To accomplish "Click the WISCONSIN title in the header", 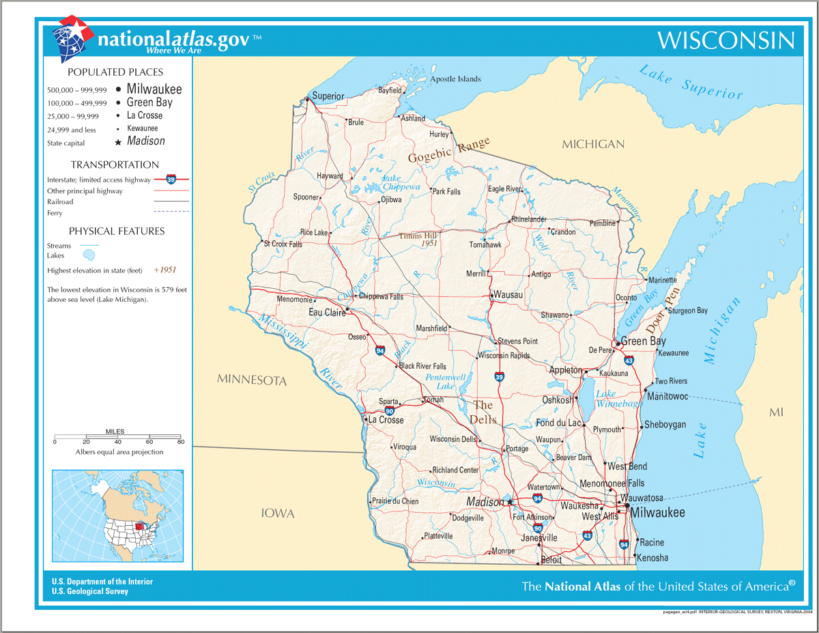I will click(x=726, y=40).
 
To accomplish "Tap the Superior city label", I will click(x=328, y=96).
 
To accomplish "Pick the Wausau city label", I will click(x=508, y=294).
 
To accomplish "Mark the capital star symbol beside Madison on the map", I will click(x=510, y=502).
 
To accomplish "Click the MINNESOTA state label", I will click(x=252, y=380).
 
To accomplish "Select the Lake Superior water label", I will click(x=691, y=82).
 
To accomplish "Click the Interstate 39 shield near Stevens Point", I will click(x=500, y=377).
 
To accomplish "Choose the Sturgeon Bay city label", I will click(x=687, y=311).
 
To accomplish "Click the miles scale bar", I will click(x=117, y=436).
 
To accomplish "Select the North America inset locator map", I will click(x=117, y=517).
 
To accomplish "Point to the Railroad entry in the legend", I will click(x=60, y=202).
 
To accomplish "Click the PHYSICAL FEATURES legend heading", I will click(x=117, y=231).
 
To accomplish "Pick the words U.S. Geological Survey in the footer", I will click(x=89, y=591).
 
